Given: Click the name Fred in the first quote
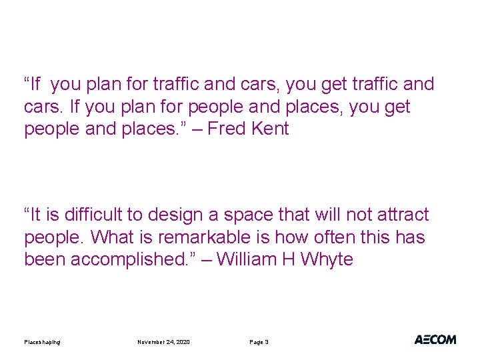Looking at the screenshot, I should [x=227, y=129].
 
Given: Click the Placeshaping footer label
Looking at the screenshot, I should [x=42, y=342].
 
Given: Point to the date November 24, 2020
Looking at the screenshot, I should [x=163, y=342].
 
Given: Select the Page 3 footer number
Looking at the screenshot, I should [x=259, y=342].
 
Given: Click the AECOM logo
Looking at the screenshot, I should [x=435, y=339].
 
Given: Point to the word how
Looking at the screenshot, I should [x=280, y=237].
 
